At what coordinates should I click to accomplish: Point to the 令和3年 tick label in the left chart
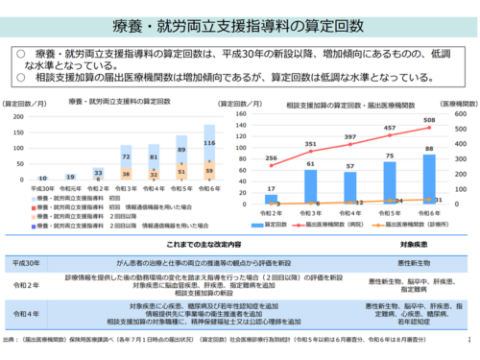[x=126, y=189]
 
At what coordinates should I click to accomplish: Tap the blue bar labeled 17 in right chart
[x=273, y=196]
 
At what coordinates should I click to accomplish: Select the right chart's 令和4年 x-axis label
[x=350, y=210]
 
